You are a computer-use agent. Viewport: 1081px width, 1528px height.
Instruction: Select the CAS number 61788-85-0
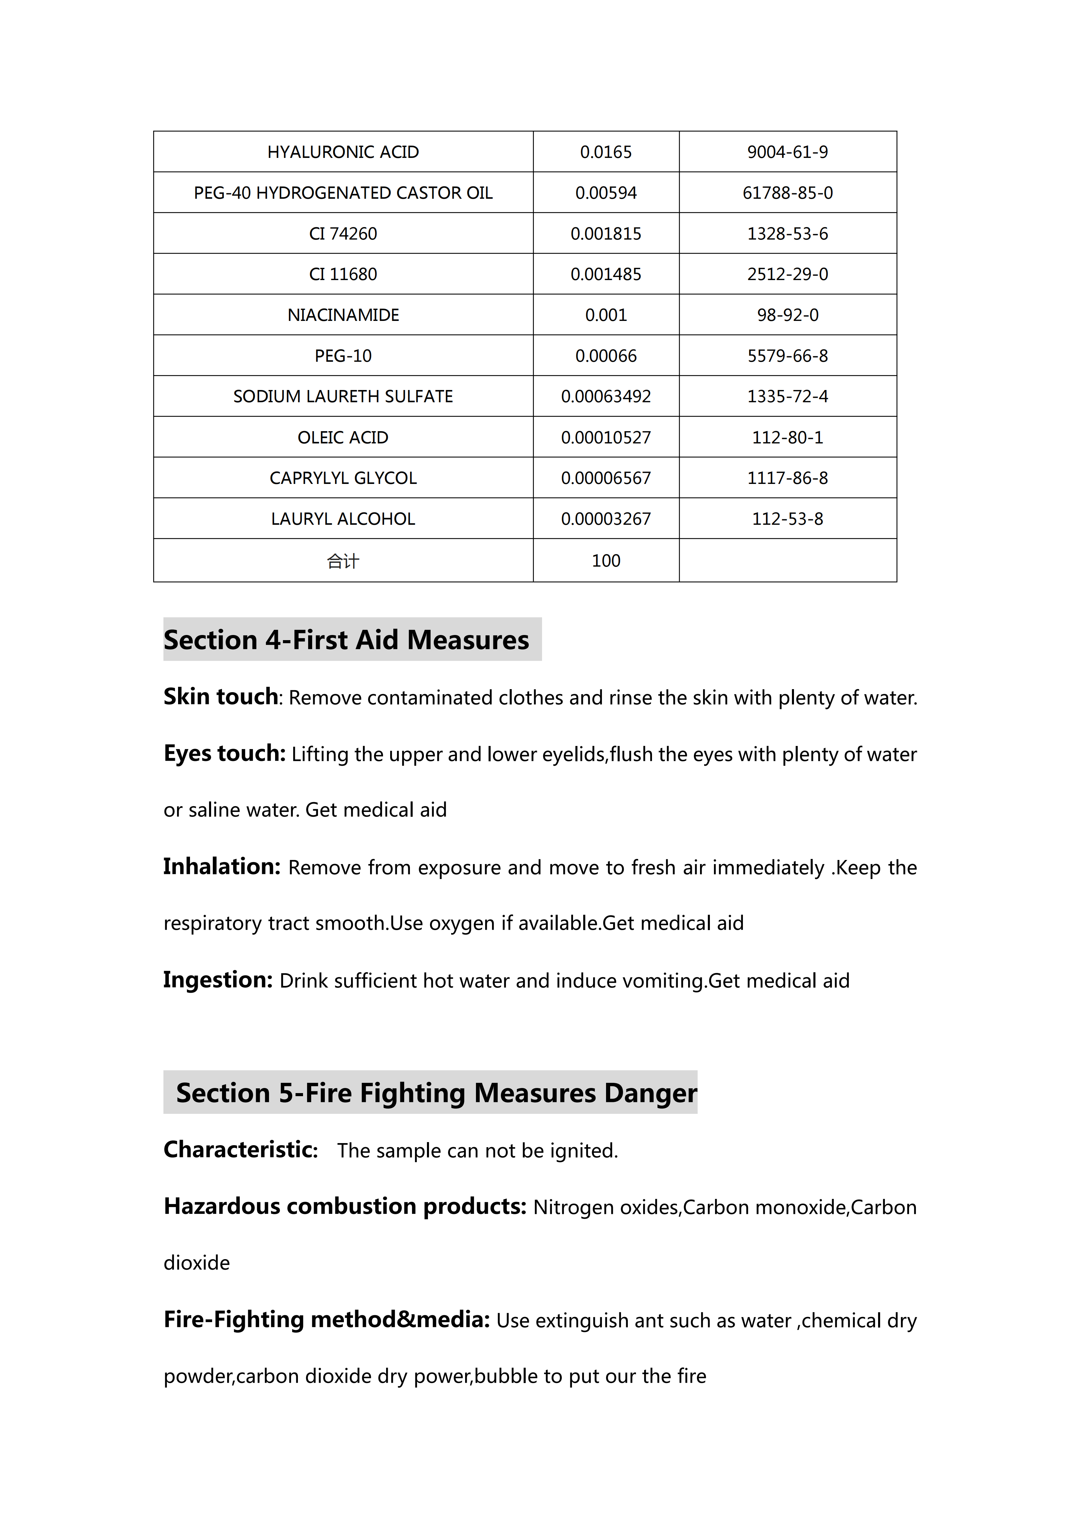click(x=788, y=193)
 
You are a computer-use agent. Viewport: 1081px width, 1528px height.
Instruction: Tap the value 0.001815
click(x=606, y=233)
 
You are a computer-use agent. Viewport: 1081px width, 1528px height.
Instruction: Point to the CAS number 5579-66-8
click(x=788, y=356)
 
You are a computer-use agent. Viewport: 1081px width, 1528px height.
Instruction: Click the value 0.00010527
click(x=606, y=437)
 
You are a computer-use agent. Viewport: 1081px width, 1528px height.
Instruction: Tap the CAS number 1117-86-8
click(x=788, y=478)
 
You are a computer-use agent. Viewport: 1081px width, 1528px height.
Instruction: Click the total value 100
click(x=606, y=560)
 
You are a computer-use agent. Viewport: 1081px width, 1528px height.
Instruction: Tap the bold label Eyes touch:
click(x=224, y=753)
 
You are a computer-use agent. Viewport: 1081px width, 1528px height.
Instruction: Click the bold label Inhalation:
click(x=222, y=866)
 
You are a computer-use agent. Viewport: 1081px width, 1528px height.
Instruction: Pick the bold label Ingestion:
click(x=218, y=980)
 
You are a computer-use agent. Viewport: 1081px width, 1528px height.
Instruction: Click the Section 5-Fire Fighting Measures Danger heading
click(x=436, y=1093)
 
